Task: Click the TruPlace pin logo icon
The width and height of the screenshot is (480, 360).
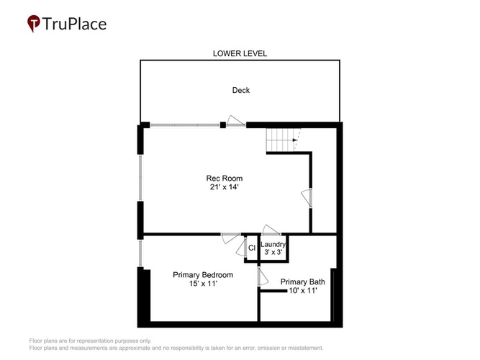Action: pos(34,23)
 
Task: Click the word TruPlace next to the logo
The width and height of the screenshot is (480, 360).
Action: pos(74,24)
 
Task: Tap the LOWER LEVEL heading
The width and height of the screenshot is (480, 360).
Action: pos(240,53)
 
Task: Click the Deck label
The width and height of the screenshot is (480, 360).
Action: pos(241,90)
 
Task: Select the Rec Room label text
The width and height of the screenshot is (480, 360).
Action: pos(225,179)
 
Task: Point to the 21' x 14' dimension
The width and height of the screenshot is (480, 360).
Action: pos(224,187)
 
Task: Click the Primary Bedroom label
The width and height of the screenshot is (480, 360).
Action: pos(203,275)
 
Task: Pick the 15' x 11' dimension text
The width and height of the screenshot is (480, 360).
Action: pos(203,284)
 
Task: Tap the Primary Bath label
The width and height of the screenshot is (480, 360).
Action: pos(303,282)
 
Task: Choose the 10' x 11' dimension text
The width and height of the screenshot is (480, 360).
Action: pos(303,290)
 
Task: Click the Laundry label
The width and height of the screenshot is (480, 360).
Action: pos(273,245)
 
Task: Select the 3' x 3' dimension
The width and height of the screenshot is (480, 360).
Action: pos(273,252)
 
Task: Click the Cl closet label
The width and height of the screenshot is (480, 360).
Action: pos(252,248)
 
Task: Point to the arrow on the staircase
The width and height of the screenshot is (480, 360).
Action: pos(295,140)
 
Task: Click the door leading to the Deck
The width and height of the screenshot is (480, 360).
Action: pos(236,121)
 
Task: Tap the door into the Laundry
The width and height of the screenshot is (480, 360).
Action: pos(271,230)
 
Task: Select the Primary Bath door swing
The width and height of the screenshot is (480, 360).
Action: pos(263,276)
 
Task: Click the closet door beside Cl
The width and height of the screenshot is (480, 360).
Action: pos(242,247)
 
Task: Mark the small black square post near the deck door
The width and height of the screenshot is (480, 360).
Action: pos(223,125)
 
